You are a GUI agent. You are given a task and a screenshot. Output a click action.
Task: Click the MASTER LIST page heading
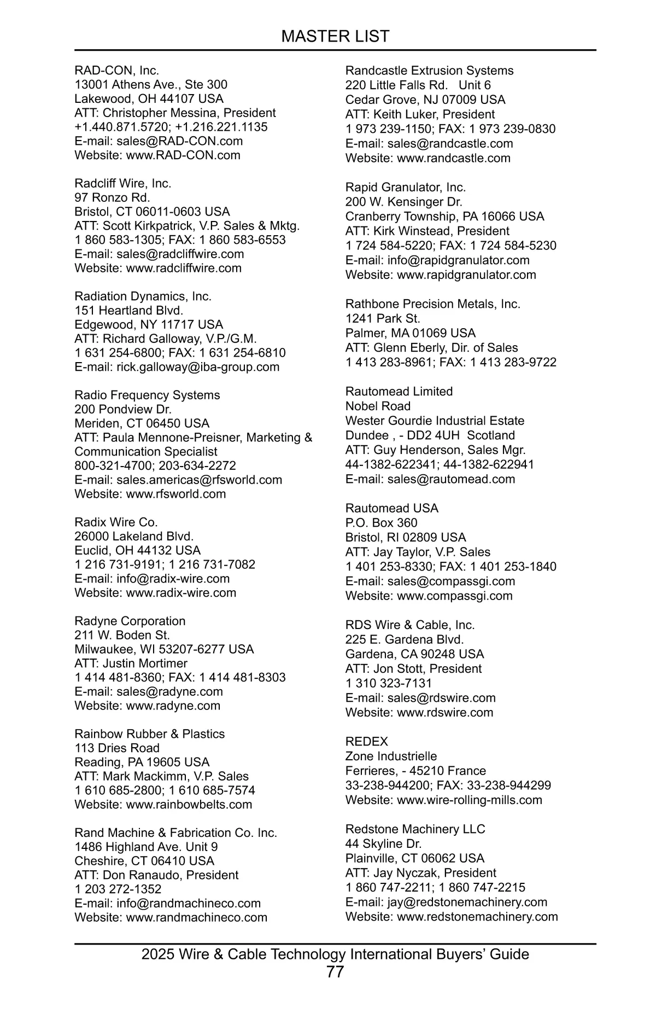pyautogui.click(x=335, y=36)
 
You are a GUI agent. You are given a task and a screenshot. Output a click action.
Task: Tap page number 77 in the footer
pyautogui.click(x=335, y=972)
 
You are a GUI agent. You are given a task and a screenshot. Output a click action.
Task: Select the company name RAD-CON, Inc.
pyautogui.click(x=117, y=71)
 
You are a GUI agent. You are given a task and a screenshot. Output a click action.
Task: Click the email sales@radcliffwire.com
pyautogui.click(x=180, y=254)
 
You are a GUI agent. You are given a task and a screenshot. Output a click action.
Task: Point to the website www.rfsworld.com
pyautogui.click(x=175, y=494)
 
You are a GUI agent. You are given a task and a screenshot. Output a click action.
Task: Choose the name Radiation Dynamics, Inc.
pyautogui.click(x=143, y=296)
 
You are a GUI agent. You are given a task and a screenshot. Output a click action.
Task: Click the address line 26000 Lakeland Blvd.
pyautogui.click(x=134, y=536)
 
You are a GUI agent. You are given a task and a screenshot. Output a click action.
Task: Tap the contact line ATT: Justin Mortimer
pyautogui.click(x=131, y=663)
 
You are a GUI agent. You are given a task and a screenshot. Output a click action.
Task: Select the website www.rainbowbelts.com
pyautogui.click(x=189, y=805)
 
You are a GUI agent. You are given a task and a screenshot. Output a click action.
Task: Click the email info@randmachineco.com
pyautogui.click(x=188, y=903)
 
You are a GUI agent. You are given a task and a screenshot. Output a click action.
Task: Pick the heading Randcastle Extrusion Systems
pyautogui.click(x=429, y=71)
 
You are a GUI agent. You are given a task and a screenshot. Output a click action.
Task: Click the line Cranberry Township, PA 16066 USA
pyautogui.click(x=444, y=216)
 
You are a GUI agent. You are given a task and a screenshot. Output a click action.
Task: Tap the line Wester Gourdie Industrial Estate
pyautogui.click(x=435, y=421)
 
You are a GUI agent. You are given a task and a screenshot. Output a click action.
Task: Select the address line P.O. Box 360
pyautogui.click(x=381, y=523)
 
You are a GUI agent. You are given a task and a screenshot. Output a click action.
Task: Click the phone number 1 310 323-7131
pyautogui.click(x=388, y=683)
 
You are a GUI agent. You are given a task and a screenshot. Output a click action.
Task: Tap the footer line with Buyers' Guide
pyautogui.click(x=335, y=954)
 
